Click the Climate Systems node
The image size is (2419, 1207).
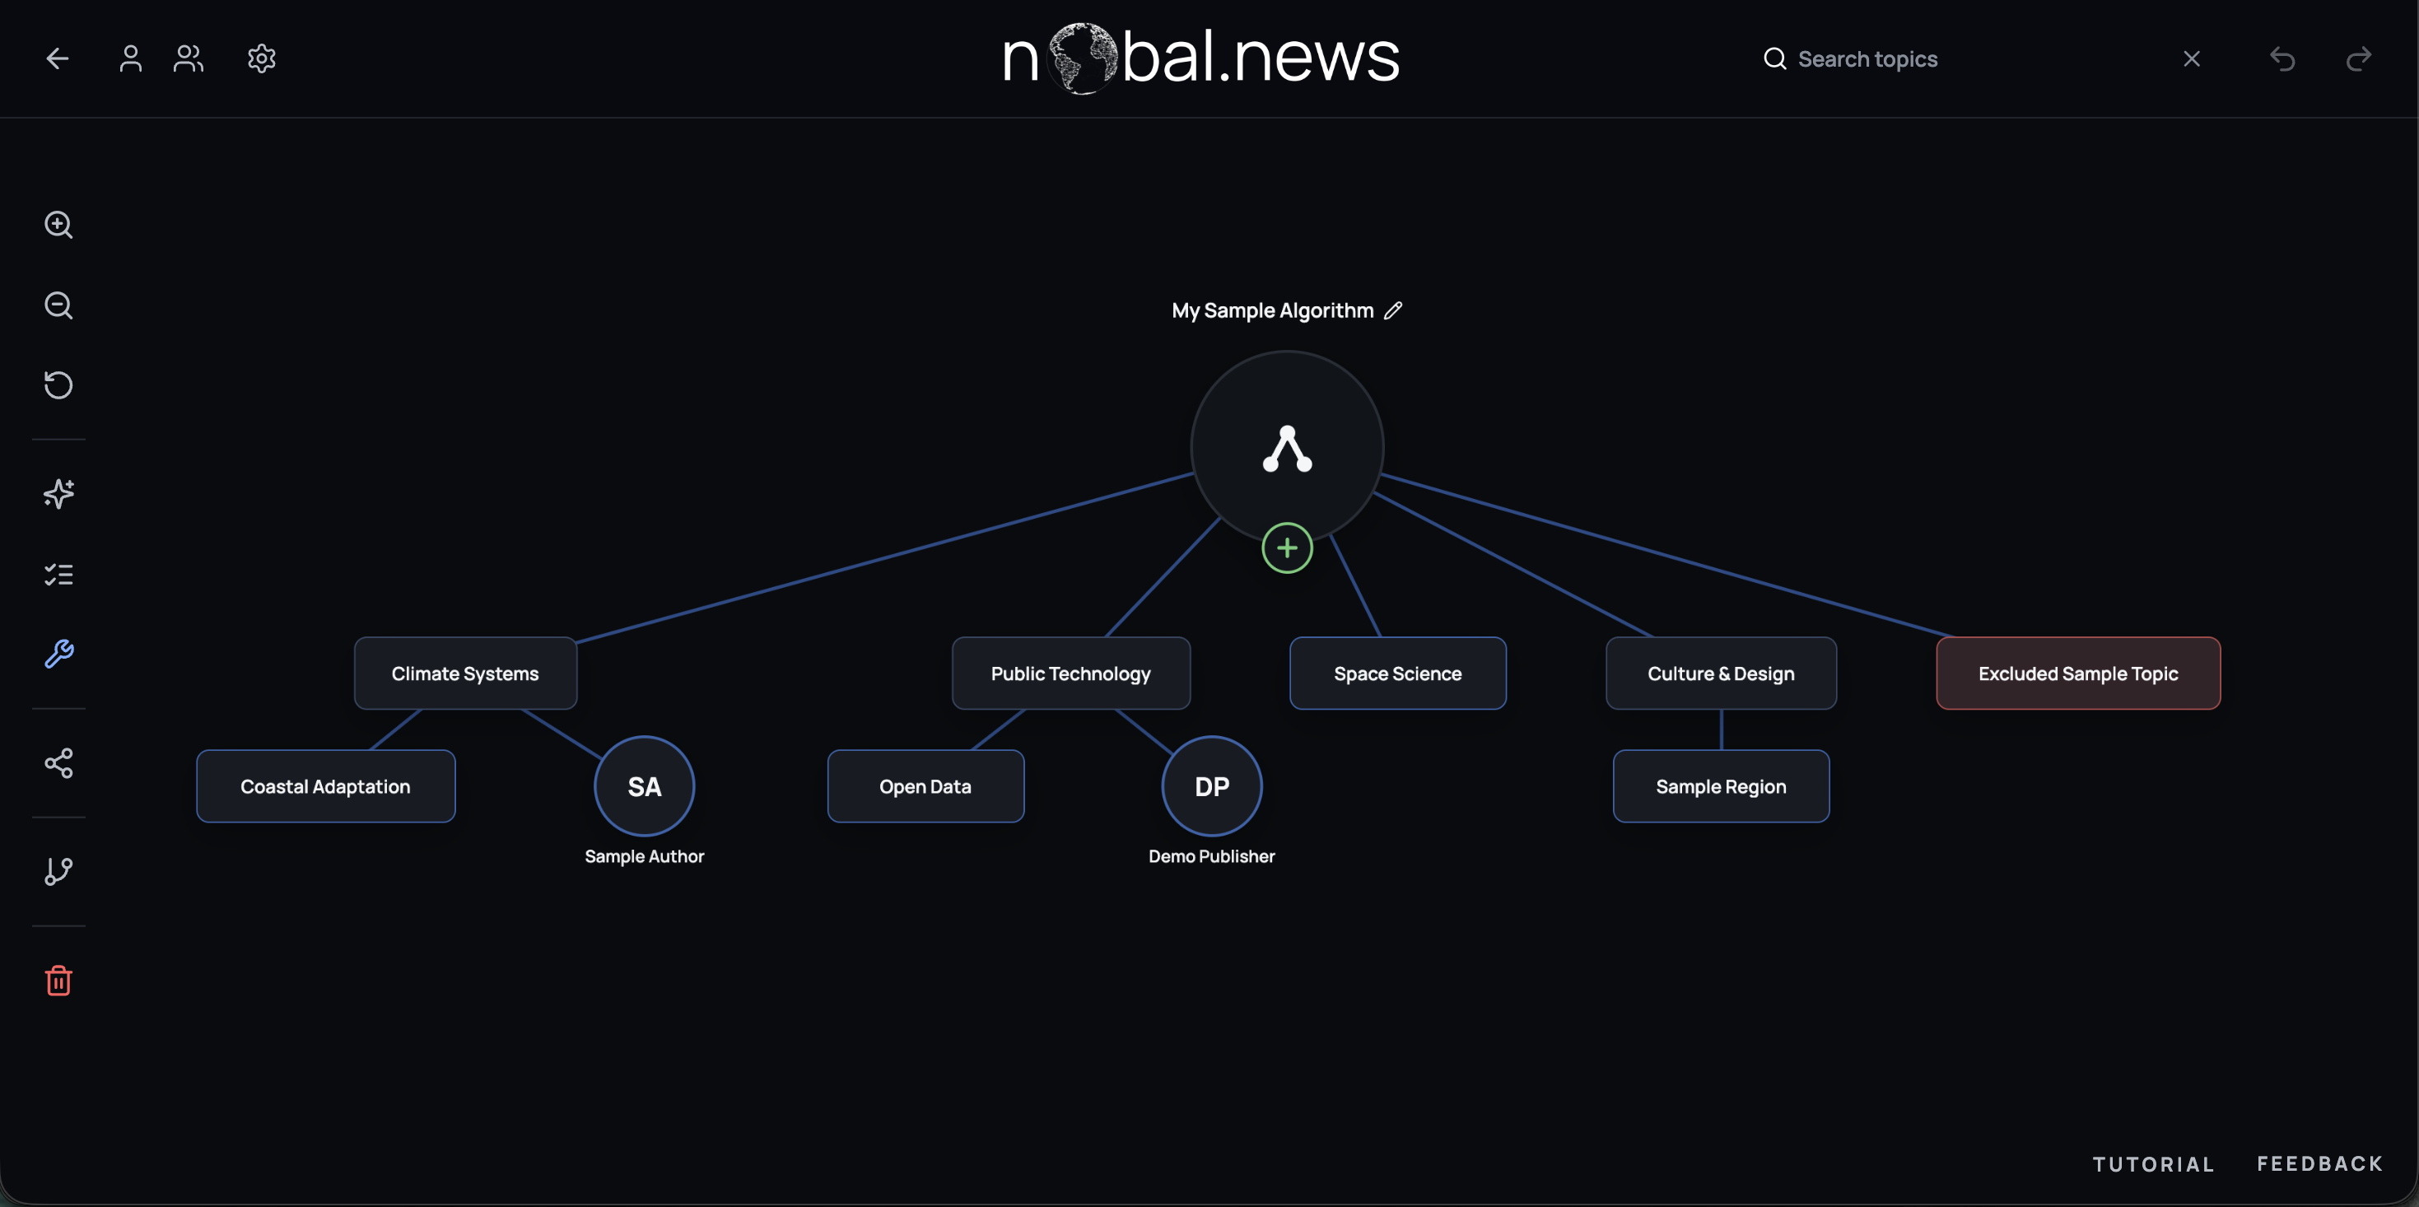465,673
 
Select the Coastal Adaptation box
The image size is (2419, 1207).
326,786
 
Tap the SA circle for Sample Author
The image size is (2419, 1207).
644,786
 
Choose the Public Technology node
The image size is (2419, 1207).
1070,673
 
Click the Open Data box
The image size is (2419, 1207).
925,786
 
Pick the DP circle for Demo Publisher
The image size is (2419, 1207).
1211,786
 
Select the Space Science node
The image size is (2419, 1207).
1397,673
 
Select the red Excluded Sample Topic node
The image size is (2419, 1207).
2078,673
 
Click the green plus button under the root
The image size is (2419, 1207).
1287,548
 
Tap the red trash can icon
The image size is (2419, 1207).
58,981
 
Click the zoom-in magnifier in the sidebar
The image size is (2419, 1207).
58,225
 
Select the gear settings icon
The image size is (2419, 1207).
261,58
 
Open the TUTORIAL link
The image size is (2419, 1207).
2153,1164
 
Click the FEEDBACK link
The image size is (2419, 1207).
2319,1164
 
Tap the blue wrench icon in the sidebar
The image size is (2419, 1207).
58,654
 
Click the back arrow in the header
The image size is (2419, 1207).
58,58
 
